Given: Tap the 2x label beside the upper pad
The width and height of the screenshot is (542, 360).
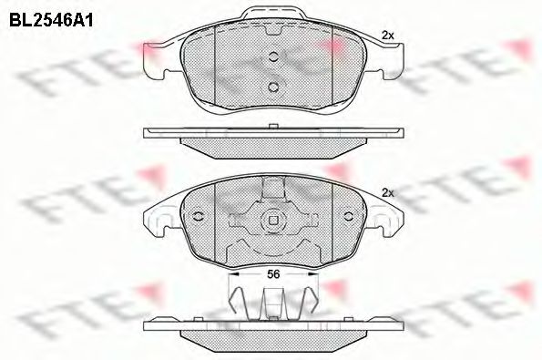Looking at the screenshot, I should (x=387, y=35).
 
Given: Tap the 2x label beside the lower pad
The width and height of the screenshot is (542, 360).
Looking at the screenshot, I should (x=387, y=192).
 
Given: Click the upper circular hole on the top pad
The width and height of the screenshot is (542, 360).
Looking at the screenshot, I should (x=272, y=57).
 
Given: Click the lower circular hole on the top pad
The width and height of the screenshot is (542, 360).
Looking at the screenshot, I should (x=272, y=87).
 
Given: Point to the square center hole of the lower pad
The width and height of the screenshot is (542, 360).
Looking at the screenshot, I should (x=272, y=220).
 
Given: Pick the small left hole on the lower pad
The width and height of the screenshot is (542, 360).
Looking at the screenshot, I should (x=197, y=217).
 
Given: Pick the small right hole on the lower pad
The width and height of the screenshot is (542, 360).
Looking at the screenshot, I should (x=348, y=217).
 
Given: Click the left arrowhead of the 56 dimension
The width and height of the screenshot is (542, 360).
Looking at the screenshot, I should (x=230, y=272).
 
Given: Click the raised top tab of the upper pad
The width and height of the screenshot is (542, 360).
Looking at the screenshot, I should (x=272, y=15).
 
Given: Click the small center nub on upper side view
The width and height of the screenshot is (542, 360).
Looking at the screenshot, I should (x=272, y=128).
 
